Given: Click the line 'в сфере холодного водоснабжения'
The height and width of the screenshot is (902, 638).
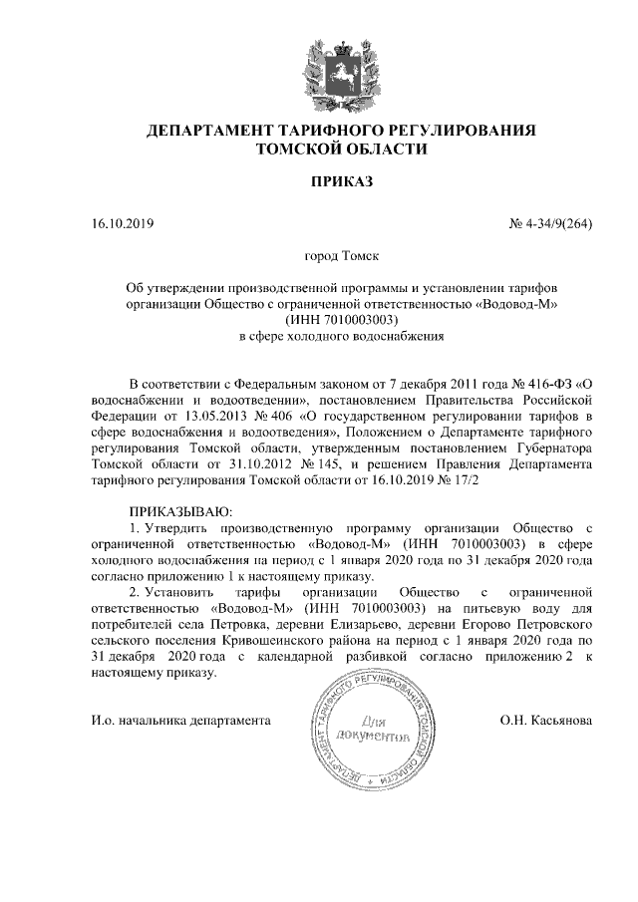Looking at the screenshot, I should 342,337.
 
